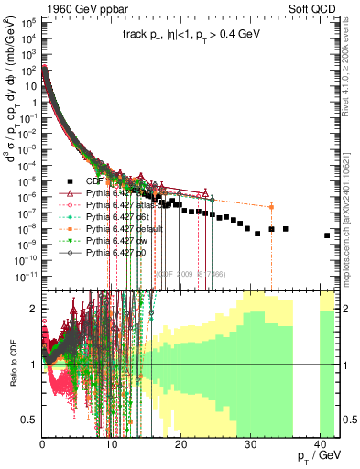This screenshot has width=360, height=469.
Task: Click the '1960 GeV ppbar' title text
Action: click(47, 6)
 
